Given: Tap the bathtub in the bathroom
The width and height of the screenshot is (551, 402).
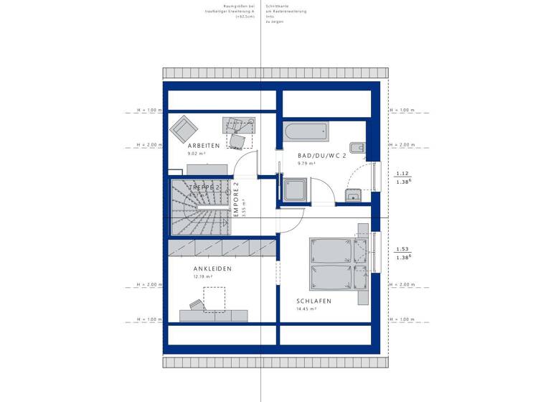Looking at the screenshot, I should pyautogui.click(x=306, y=132).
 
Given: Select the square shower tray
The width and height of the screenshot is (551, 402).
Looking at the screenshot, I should pyautogui.click(x=295, y=190).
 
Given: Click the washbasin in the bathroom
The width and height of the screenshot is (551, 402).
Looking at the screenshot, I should pyautogui.click(x=353, y=196).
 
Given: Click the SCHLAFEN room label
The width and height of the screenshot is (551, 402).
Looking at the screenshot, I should pyautogui.click(x=314, y=301).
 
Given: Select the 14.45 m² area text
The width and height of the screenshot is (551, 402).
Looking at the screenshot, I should pyautogui.click(x=306, y=309).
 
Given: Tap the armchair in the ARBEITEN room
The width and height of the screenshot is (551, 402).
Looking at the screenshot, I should pyautogui.click(x=184, y=130).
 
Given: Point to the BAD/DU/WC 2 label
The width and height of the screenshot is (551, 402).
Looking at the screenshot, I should pyautogui.click(x=323, y=155).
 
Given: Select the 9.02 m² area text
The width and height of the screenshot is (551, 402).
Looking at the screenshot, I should pyautogui.click(x=197, y=154).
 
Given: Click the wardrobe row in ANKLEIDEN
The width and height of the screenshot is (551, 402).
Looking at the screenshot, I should pyautogui.click(x=222, y=248).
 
